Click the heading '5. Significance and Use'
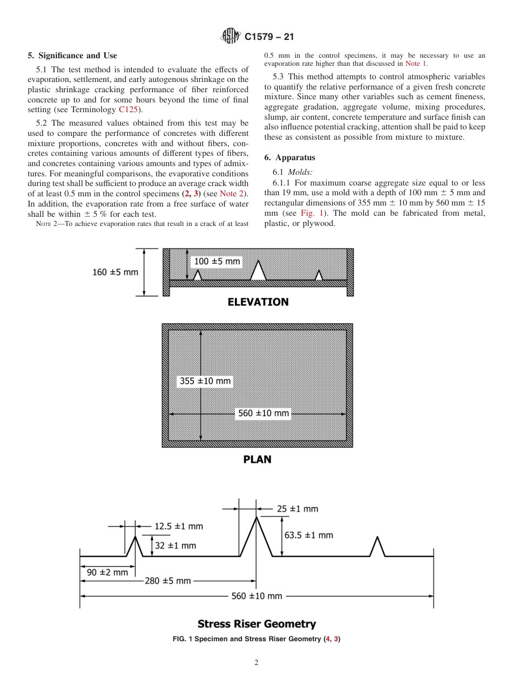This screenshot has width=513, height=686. click(x=72, y=56)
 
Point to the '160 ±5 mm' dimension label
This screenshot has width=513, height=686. click(x=115, y=272)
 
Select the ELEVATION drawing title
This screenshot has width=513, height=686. click(x=258, y=303)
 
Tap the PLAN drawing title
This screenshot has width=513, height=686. click(x=257, y=459)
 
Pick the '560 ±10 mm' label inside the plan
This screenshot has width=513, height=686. click(x=264, y=414)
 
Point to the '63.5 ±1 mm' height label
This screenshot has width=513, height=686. click(x=308, y=535)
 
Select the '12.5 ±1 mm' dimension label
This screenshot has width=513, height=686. click(x=179, y=526)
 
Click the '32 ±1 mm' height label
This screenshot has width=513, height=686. click(x=175, y=545)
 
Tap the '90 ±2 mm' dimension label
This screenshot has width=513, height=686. click(x=106, y=572)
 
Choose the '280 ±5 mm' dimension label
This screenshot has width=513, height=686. click(x=167, y=581)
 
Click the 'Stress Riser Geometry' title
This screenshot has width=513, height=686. click(x=256, y=624)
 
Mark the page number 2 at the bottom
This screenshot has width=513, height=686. click(x=256, y=663)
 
